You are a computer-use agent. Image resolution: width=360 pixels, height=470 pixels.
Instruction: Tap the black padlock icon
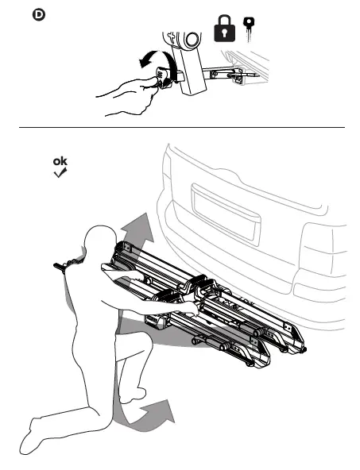[226, 29]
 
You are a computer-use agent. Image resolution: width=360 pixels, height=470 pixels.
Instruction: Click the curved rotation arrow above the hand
[149, 64]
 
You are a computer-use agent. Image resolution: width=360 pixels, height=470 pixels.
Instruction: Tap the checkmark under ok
[60, 173]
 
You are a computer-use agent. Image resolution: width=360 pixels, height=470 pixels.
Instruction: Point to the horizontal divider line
[180, 128]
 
